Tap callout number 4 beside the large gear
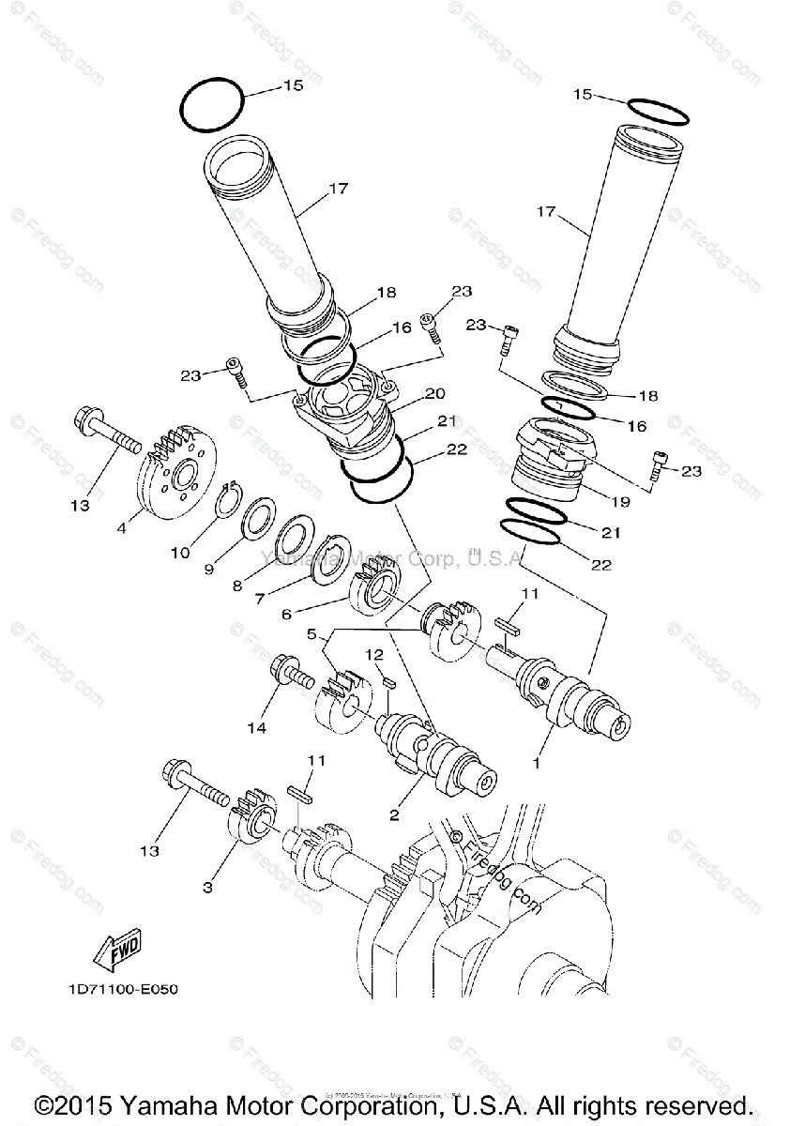pyautogui.click(x=122, y=528)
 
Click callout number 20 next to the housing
pyautogui.click(x=434, y=393)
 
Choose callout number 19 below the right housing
pyautogui.click(x=620, y=502)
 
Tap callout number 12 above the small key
pyautogui.click(x=374, y=653)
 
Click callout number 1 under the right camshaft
pyautogui.click(x=537, y=764)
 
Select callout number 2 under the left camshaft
pyautogui.click(x=395, y=814)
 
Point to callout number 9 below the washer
pyautogui.click(x=209, y=569)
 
